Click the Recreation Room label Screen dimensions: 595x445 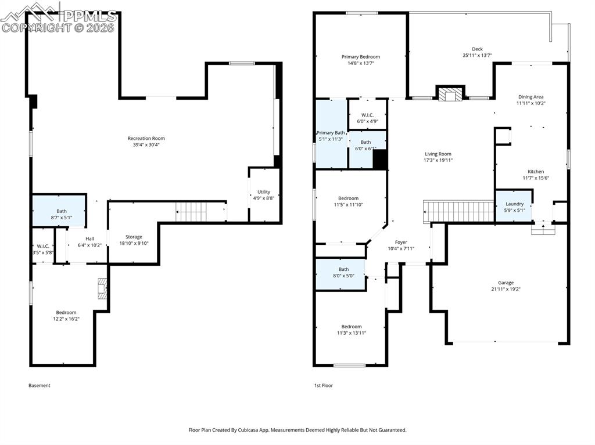point(146,138)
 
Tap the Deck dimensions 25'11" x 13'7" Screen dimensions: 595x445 point(477,55)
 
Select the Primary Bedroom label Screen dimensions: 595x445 point(360,57)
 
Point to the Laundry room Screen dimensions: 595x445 point(514,206)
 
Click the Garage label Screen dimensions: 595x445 point(506,283)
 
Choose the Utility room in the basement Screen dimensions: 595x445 point(264,195)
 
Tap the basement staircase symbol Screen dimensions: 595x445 point(192,212)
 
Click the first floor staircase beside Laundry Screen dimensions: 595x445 point(459,211)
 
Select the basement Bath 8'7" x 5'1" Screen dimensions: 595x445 point(59,211)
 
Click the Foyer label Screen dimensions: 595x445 point(401,242)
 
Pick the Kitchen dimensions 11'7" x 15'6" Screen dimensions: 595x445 point(536,178)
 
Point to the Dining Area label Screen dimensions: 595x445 point(531,97)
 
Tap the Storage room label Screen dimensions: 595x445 point(134,237)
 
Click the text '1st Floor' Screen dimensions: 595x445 point(323,385)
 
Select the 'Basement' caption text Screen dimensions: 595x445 point(40,385)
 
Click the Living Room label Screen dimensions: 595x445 point(438,154)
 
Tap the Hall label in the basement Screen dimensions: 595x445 point(90,239)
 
